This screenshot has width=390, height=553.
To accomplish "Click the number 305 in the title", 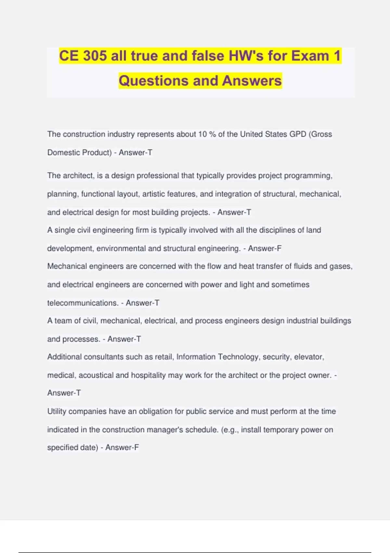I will (x=95, y=56).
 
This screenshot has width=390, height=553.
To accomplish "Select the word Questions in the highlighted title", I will (x=152, y=81).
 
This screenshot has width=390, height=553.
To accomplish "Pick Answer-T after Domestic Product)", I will (x=136, y=153).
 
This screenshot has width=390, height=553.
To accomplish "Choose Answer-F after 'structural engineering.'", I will (x=265, y=249).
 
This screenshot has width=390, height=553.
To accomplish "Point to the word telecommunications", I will (x=83, y=303).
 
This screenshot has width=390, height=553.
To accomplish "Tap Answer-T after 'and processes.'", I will (x=124, y=339).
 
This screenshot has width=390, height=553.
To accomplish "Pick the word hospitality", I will (x=148, y=375).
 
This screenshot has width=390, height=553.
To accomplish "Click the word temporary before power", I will (x=280, y=430).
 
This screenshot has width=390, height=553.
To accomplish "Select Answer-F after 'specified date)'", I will (x=122, y=448).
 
